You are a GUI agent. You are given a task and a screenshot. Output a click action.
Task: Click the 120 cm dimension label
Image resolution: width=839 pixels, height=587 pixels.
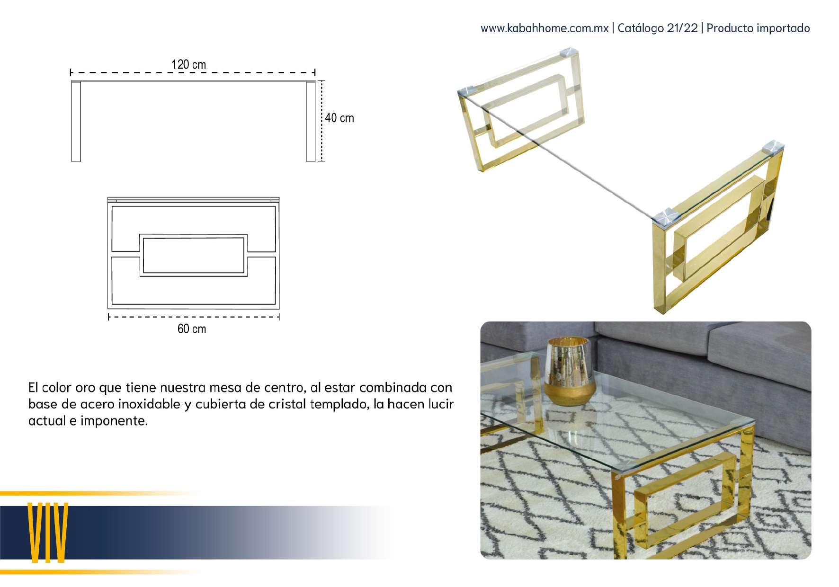188,64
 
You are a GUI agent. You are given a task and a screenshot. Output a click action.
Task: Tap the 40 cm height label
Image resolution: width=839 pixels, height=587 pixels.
339,118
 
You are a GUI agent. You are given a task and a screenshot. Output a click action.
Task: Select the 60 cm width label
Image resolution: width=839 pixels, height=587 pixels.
192,329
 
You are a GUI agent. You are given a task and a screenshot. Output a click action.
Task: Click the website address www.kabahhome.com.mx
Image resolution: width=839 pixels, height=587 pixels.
544,28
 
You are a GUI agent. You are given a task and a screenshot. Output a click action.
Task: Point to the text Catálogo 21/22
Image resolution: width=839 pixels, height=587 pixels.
658,28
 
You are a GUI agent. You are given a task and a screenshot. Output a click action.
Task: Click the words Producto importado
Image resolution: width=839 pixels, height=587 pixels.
759,28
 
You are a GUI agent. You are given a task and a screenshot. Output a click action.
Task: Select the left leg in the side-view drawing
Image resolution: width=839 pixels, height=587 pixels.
76,122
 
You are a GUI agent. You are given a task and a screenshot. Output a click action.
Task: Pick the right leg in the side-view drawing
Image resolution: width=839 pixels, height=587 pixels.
311,122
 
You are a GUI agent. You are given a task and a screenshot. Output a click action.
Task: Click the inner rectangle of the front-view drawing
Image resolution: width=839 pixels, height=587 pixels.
193,255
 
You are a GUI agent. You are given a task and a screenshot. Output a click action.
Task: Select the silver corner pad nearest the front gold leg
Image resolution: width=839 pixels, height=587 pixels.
666,216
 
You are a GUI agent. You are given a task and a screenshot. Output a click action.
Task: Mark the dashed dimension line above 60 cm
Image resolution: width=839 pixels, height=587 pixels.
194,317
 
